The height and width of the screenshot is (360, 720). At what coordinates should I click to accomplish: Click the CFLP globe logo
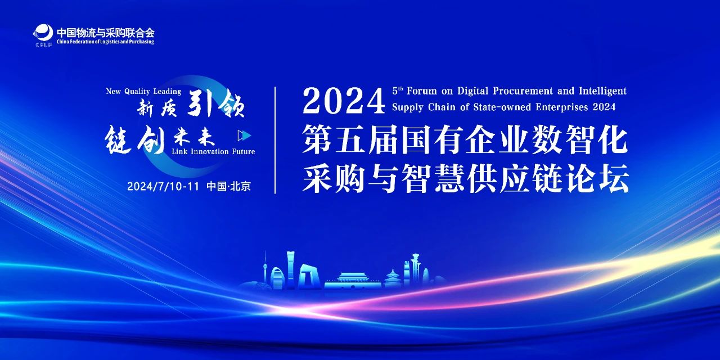(x=43, y=34)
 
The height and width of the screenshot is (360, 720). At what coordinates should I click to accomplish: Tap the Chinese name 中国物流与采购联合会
(x=105, y=33)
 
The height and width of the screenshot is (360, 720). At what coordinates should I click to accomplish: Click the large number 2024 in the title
(x=344, y=102)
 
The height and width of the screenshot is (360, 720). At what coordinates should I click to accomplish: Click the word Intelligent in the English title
(x=602, y=91)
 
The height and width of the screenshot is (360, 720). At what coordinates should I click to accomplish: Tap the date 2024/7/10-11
(x=163, y=186)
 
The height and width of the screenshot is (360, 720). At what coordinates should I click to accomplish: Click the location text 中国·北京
(x=228, y=186)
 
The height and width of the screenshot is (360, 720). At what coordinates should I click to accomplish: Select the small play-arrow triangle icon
(x=244, y=136)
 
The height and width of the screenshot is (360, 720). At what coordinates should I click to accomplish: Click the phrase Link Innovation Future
(x=213, y=151)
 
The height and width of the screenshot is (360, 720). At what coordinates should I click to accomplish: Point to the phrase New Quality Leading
(x=143, y=92)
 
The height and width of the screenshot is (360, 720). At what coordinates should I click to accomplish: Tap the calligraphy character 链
(x=118, y=139)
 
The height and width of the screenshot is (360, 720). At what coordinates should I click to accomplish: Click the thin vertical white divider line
(x=275, y=140)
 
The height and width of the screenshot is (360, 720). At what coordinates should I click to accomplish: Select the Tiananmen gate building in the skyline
(x=353, y=280)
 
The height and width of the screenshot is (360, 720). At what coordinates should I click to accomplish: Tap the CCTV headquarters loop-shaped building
(x=309, y=276)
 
